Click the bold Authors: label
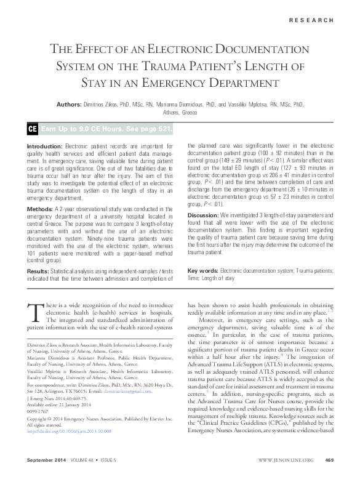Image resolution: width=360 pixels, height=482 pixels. click(x=72, y=105)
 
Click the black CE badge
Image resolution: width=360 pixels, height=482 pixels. click(x=33, y=129)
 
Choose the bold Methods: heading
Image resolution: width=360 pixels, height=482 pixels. click(x=40, y=210)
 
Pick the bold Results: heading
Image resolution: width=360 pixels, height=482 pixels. click(x=38, y=271)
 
